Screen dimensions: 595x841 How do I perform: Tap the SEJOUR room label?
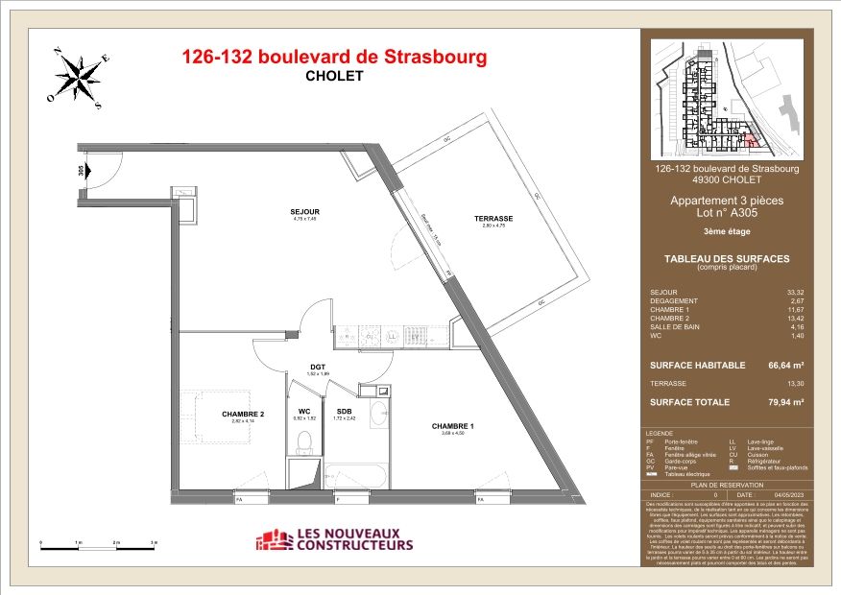[305, 211]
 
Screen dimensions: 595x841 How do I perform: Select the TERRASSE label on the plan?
[493, 218]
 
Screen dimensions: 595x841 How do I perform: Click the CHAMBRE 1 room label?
[453, 425]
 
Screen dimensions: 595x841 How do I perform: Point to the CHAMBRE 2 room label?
[242, 415]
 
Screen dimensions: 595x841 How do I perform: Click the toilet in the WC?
[305, 442]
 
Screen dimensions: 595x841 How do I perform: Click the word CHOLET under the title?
[334, 76]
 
